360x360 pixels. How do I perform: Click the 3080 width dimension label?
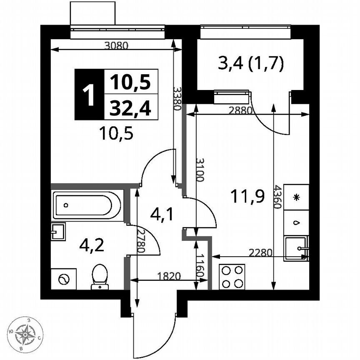(x=115, y=46)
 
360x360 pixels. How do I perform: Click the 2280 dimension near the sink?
(x=260, y=252)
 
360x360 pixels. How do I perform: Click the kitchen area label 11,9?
(x=248, y=196)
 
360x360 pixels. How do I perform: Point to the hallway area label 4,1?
(x=161, y=215)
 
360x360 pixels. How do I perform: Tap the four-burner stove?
(x=232, y=277)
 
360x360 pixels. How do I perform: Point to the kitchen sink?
(x=296, y=248)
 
